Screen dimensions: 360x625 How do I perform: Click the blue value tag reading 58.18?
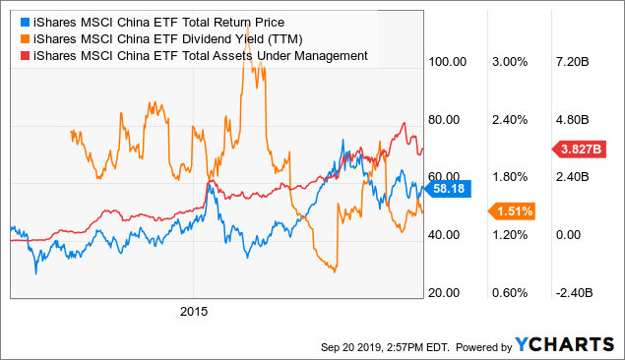pyautogui.click(x=458, y=187)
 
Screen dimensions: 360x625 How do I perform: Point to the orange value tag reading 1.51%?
pyautogui.click(x=513, y=210)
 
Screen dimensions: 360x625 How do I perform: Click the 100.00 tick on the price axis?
pyautogui.click(x=447, y=62)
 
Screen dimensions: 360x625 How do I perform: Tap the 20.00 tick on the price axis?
pyautogui.click(x=447, y=293)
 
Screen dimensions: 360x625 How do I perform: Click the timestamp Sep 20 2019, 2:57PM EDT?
pyautogui.click(x=380, y=346)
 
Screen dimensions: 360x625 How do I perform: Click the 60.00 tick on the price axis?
pyautogui.click(x=447, y=177)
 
